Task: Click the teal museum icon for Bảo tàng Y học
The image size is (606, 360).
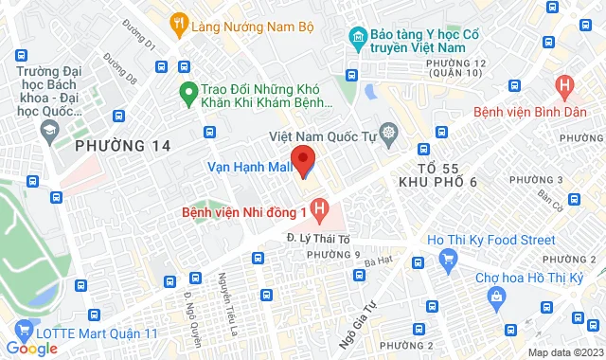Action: tap(357, 38)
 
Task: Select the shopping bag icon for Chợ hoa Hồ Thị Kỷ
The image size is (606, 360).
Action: tap(496, 297)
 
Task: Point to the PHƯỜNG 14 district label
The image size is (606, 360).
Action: tap(122, 147)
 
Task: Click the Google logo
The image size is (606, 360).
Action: tap(31, 349)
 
